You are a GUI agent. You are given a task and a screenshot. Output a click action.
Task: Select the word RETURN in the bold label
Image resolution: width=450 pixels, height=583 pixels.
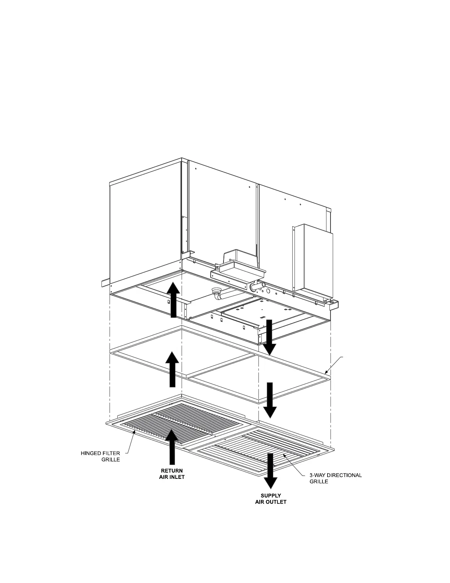pyautogui.click(x=171, y=471)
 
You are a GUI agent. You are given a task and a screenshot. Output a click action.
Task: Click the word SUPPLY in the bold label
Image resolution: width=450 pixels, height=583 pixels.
pyautogui.click(x=271, y=496)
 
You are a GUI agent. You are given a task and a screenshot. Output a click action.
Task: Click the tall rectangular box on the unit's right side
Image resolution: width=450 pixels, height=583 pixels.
pyautogui.click(x=312, y=258)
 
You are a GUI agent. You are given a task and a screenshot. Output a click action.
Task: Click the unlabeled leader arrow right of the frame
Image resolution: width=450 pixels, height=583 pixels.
pyautogui.click(x=335, y=364)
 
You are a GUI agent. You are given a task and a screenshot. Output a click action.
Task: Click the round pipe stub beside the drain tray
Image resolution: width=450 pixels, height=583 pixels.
pyautogui.click(x=254, y=287)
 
